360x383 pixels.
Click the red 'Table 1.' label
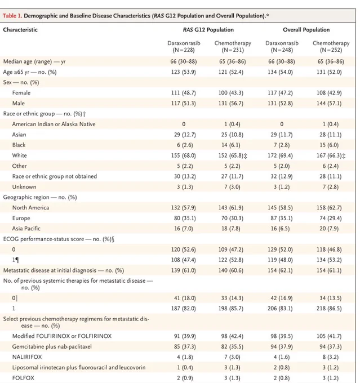pyautogui.click(x=12, y=16)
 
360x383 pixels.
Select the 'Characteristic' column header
pyautogui.click(x=20, y=30)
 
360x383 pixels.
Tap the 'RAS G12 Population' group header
pyautogui.click(x=208, y=30)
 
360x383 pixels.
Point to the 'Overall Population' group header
pyautogui.click(x=306, y=30)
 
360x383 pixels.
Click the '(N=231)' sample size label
pyautogui.click(x=233, y=50)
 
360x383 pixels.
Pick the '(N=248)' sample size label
pyautogui.click(x=282, y=50)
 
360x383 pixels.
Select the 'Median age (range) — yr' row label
pyautogui.click(x=34, y=61)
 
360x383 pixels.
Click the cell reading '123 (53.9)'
pyautogui.click(x=184, y=72)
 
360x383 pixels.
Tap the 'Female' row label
pyautogui.click(x=21, y=93)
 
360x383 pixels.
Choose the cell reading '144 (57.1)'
pyautogui.click(x=329, y=103)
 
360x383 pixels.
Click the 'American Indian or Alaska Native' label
pyautogui.click(x=54, y=124)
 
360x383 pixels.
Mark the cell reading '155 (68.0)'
pyautogui.click(x=184, y=155)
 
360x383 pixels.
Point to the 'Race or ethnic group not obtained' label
pyautogui.click(x=55, y=176)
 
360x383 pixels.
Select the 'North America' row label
pyautogui.click(x=30, y=208)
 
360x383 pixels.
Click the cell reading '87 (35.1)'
pyautogui.click(x=282, y=218)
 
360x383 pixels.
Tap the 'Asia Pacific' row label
pyautogui.click(x=26, y=229)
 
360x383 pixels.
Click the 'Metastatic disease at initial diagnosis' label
pyautogui.click(x=50, y=270)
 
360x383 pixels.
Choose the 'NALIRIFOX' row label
pyautogui.click(x=27, y=357)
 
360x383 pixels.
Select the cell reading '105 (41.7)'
pyautogui.click(x=329, y=336)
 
